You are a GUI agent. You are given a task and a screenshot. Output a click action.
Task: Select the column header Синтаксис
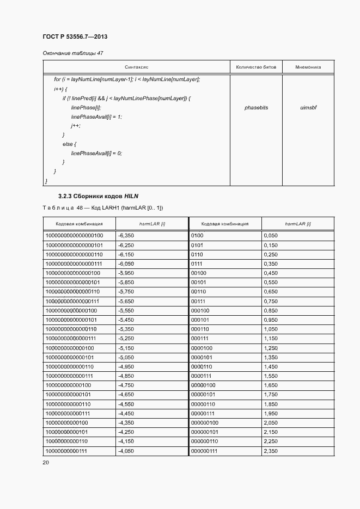pyautogui.click(x=136, y=68)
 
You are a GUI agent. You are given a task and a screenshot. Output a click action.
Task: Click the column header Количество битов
pyautogui.click(x=256, y=68)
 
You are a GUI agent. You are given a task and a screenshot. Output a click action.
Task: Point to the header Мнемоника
pyautogui.click(x=308, y=68)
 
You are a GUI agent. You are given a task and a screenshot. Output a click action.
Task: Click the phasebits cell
pyautogui.click(x=256, y=108)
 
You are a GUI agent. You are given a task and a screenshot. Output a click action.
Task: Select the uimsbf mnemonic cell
pyautogui.click(x=308, y=108)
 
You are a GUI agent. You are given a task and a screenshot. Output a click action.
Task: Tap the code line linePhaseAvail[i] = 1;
pyautogui.click(x=96, y=117)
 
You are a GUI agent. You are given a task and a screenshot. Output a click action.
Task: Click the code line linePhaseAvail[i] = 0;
pyautogui.click(x=96, y=154)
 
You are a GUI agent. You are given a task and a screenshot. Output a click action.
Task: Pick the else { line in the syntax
pyautogui.click(x=69, y=144)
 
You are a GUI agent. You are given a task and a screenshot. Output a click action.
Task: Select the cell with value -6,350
pyautogui.click(x=126, y=236)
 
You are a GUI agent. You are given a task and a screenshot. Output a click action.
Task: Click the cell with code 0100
pyautogui.click(x=197, y=236)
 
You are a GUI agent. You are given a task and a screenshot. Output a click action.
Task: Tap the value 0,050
pyautogui.click(x=271, y=236)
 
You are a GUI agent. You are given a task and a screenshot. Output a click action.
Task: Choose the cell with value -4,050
pyautogui.click(x=126, y=452)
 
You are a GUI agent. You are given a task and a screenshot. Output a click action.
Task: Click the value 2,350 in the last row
pyautogui.click(x=271, y=452)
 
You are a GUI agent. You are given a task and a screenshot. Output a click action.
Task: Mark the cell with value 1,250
pyautogui.click(x=271, y=348)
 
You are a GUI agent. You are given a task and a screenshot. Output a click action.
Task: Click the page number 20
pyautogui.click(x=46, y=463)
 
